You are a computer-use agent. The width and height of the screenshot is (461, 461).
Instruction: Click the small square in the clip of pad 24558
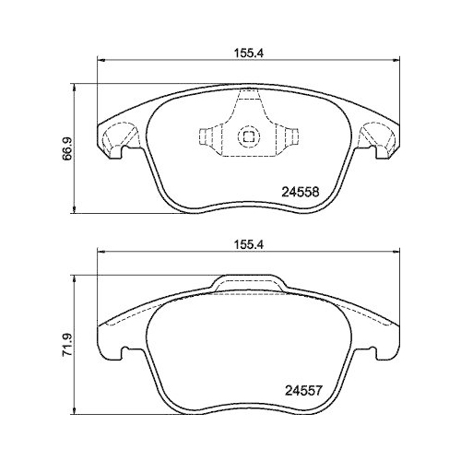click(247, 137)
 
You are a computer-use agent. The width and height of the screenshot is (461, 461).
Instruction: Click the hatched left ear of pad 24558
click(114, 138)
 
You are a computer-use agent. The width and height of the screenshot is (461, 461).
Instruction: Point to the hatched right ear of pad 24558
click(380, 138)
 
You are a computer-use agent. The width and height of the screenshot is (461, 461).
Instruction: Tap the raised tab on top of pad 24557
click(246, 281)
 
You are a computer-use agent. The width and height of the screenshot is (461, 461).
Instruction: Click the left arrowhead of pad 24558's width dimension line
click(100, 63)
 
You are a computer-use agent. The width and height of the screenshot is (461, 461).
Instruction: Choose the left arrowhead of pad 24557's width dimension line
click(100, 256)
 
